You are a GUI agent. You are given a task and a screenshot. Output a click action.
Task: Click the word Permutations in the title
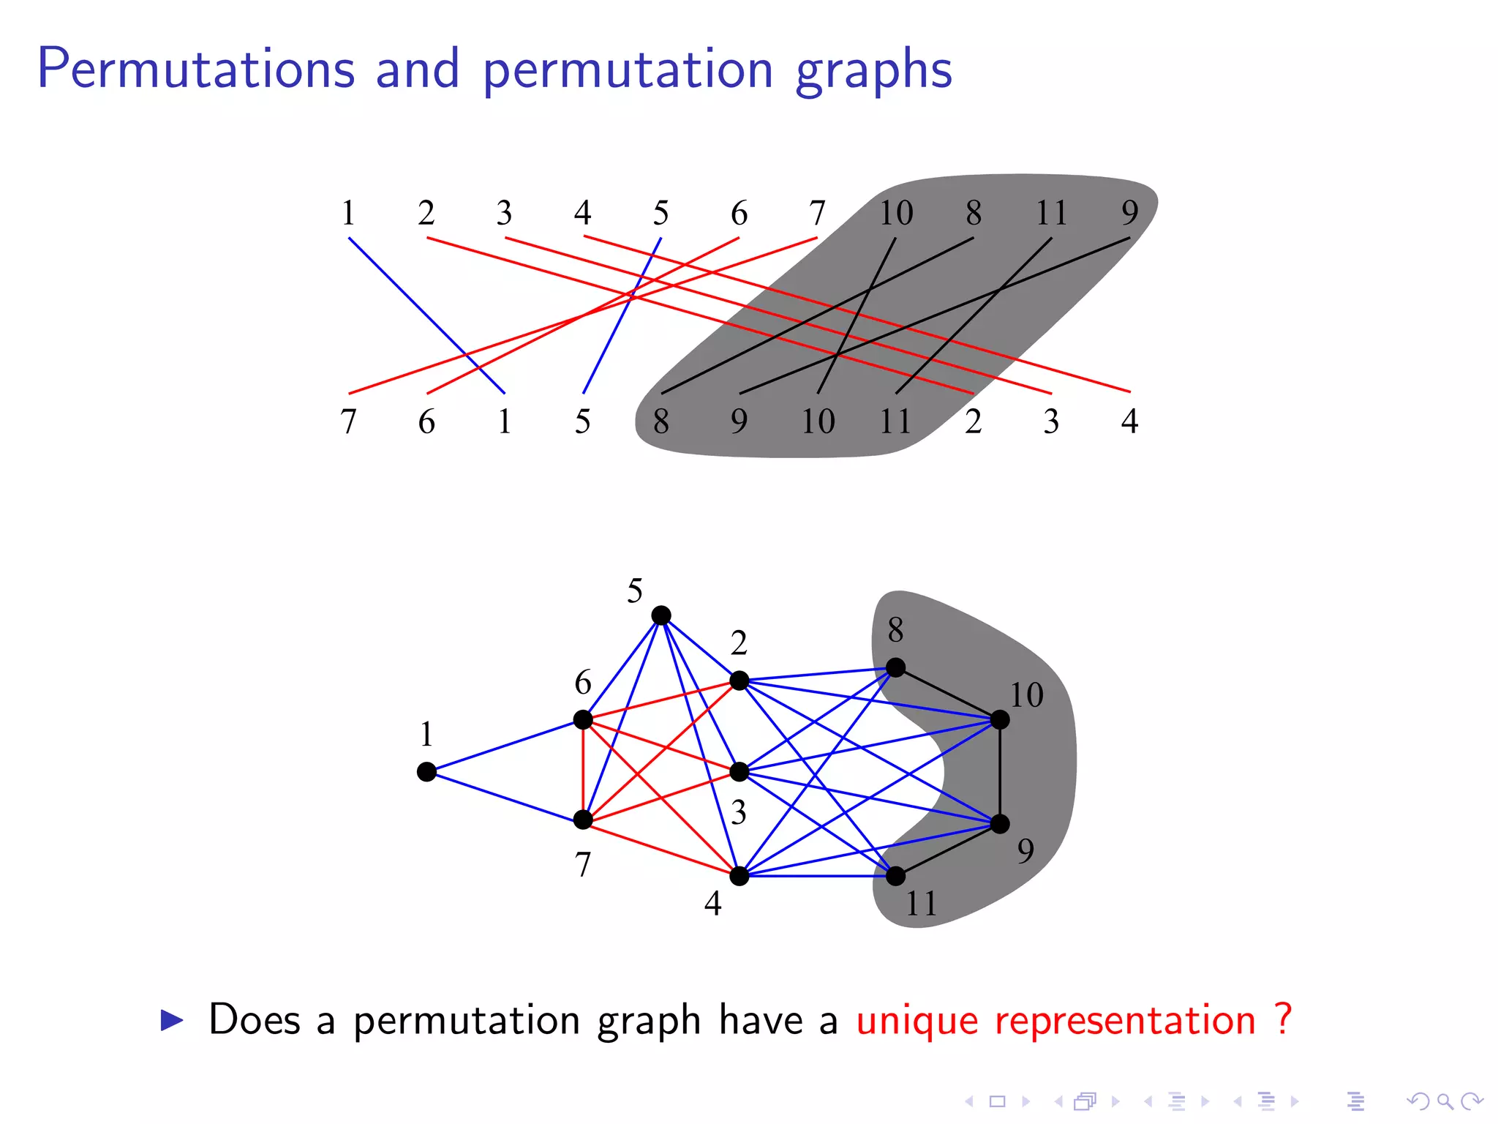pos(196,69)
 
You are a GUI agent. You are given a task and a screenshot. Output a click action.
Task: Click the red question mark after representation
pos(1282,1019)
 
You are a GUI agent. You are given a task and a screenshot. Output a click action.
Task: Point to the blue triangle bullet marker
pos(172,1020)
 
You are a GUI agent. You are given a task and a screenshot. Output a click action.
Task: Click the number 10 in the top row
pos(895,213)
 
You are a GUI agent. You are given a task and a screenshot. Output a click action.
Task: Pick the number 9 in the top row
pos(1130,213)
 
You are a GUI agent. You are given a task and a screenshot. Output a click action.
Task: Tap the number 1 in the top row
pos(348,213)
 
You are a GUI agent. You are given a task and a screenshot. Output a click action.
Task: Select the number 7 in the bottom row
pos(348,421)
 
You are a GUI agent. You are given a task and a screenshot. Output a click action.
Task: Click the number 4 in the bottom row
pos(1129,421)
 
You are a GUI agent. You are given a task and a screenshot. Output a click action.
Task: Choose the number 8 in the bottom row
pos(661,421)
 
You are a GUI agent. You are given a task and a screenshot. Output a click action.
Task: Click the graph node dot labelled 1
pos(426,772)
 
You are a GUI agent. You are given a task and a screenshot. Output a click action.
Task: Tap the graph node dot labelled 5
pos(661,615)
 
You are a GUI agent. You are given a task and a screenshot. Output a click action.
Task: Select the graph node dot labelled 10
pos(1000,720)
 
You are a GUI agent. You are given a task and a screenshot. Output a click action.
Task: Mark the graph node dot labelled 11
pos(895,876)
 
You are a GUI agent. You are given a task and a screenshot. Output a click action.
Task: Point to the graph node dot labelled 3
pos(739,772)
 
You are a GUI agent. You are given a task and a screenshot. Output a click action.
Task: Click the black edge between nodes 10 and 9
pos(1000,772)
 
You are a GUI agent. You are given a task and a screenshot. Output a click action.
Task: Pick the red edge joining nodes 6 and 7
pos(583,770)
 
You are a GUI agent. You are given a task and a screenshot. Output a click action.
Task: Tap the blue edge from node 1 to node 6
pos(505,746)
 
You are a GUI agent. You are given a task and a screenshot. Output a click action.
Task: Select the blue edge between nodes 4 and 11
pos(818,876)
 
